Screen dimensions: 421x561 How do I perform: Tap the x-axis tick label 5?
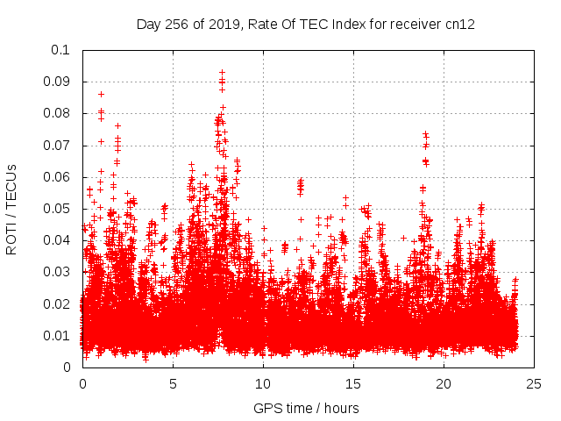coord(173,384)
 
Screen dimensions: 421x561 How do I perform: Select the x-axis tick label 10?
coord(263,384)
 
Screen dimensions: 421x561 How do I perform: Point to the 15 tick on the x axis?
coord(353,384)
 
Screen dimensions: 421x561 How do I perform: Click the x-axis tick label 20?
coord(444,384)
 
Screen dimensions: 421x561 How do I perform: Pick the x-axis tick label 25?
coord(534,384)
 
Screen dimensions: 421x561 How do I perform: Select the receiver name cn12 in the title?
coord(460,25)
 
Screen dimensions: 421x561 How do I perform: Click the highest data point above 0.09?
coord(222,73)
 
